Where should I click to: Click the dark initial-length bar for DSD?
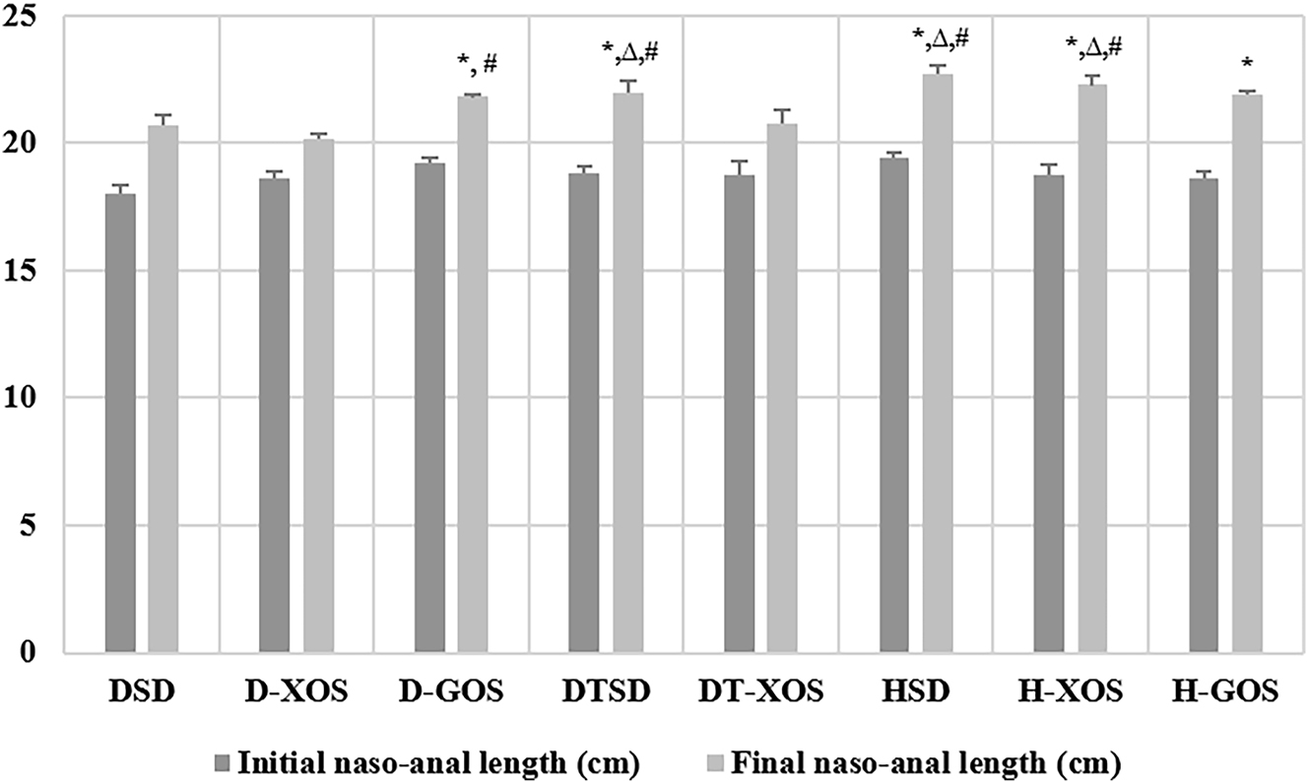coord(120,424)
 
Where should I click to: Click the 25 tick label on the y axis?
coord(38,17)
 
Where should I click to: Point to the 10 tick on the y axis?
coord(38,398)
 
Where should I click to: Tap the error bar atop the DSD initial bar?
coord(120,186)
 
